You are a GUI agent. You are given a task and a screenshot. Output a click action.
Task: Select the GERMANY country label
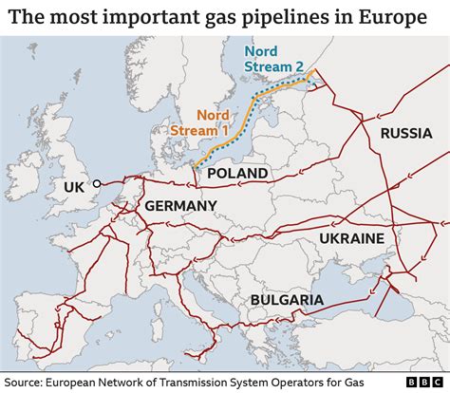180,206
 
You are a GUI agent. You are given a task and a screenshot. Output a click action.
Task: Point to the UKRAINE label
351,237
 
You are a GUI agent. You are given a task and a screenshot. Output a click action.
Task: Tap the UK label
76,187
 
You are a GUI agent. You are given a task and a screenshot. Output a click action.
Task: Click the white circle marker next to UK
97,183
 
